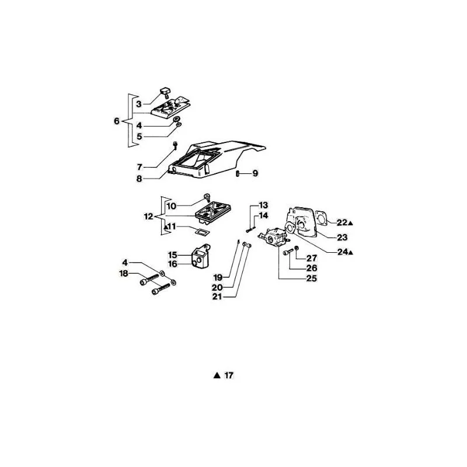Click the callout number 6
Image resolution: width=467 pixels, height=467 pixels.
point(117,121)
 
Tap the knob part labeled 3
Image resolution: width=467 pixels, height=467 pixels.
point(165,92)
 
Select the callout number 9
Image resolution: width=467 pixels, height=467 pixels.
point(255,173)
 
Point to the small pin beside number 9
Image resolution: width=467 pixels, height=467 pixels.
point(238,173)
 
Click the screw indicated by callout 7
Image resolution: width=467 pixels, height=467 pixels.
point(175,145)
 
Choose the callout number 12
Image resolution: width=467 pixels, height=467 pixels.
point(148,217)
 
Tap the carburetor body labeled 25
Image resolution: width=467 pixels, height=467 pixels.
point(273,236)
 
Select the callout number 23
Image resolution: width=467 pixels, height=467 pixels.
point(342,238)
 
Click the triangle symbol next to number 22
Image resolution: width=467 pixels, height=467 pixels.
point(350,223)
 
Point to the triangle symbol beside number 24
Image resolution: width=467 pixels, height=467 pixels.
point(351,253)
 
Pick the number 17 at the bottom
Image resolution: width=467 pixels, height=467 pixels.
point(229,375)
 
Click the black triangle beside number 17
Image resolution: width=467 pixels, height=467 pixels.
point(217,375)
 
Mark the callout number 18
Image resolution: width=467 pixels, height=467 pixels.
point(124,273)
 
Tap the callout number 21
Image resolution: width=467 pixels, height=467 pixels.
point(217,297)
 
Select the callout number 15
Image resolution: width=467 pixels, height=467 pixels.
point(173,255)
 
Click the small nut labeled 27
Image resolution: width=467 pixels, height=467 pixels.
point(297,248)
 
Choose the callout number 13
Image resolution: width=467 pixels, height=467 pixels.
point(263,205)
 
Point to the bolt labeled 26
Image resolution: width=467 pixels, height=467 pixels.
point(288,253)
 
